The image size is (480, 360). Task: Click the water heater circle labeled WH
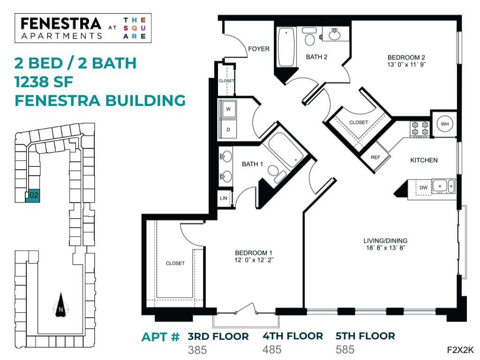click(x=443, y=124)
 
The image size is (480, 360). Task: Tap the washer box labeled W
click(x=228, y=109)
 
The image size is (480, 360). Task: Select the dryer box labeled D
click(x=228, y=129)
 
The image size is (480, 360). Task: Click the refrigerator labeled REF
click(x=375, y=157)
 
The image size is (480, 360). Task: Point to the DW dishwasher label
click(x=424, y=187)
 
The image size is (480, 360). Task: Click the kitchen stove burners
click(x=420, y=129)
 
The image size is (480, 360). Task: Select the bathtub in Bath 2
click(x=286, y=47)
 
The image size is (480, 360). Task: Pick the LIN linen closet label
click(x=224, y=198)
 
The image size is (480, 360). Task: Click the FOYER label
click(x=259, y=49)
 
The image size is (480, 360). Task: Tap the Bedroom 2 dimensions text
click(x=406, y=65)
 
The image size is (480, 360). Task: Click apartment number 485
click(x=272, y=350)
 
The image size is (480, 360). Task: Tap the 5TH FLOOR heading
click(x=365, y=336)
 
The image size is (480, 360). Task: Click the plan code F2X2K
click(x=460, y=350)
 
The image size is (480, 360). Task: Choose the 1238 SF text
click(x=44, y=82)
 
